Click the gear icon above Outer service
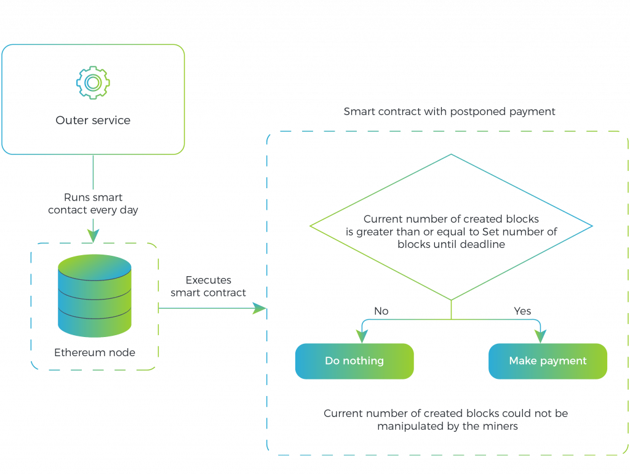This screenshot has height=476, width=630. click(94, 83)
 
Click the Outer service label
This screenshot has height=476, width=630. click(93, 120)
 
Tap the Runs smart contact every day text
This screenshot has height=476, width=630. click(93, 204)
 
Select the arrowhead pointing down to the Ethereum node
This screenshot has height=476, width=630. click(94, 236)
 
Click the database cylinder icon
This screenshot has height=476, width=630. click(95, 296)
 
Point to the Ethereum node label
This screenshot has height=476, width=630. click(95, 352)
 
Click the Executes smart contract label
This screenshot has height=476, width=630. click(208, 286)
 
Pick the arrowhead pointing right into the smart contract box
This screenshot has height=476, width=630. click(260, 309)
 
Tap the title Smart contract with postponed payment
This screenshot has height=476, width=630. click(449, 111)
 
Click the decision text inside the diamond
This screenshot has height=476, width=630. click(451, 231)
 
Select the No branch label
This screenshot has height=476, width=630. click(381, 311)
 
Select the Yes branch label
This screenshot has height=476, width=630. click(522, 311)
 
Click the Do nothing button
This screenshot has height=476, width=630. click(354, 361)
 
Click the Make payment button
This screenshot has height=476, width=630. click(548, 361)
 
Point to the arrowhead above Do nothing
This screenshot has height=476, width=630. click(362, 336)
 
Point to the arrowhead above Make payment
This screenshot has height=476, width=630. click(540, 336)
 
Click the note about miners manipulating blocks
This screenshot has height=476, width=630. click(446, 420)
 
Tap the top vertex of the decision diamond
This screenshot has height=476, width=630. click(451, 154)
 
